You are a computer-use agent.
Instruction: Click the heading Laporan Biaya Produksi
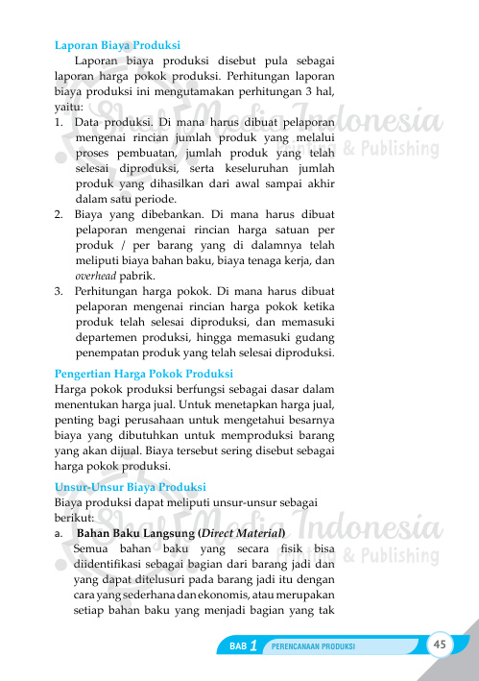click(x=117, y=44)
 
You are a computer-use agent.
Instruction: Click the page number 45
click(x=442, y=644)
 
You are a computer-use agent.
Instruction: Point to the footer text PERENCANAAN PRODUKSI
click(x=314, y=647)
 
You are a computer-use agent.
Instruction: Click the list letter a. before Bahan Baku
click(x=60, y=531)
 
